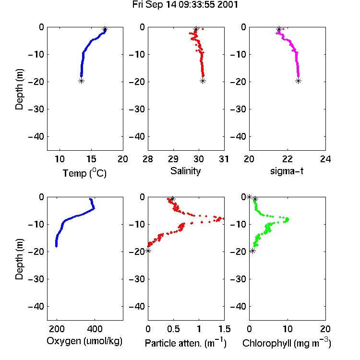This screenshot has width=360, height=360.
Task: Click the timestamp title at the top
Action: click(185, 4)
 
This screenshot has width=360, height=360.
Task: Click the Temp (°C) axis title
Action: click(84, 173)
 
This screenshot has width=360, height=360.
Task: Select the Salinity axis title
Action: click(185, 171)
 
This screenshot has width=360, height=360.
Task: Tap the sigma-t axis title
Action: click(287, 171)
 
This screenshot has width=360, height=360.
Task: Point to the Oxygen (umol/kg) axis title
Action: click(84, 341)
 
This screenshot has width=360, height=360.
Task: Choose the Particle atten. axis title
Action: click(186, 343)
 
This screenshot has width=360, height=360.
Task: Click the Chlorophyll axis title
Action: click(287, 343)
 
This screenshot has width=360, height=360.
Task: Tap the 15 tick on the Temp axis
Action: click(91, 159)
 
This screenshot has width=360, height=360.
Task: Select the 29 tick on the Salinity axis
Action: click(173, 159)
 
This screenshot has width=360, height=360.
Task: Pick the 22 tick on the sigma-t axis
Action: click(287, 159)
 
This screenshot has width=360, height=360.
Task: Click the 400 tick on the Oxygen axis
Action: click(95, 329)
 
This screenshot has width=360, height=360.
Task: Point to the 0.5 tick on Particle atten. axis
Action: click(173, 329)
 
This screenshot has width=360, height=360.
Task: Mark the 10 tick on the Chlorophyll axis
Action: click(287, 329)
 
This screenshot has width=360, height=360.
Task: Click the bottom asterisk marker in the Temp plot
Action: click(81, 81)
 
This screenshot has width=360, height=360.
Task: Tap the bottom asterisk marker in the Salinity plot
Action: click(203, 81)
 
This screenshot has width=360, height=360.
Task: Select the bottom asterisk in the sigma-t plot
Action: click(298, 81)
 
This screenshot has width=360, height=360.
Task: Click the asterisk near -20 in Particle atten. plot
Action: click(148, 251)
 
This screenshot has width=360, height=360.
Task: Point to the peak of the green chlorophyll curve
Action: click(287, 219)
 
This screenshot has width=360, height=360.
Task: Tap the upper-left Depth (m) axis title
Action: click(19, 89)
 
